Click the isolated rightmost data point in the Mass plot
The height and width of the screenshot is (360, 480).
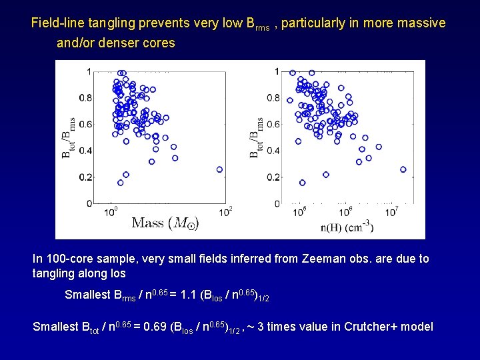tap(219, 169)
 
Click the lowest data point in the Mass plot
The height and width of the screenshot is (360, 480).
tap(121, 183)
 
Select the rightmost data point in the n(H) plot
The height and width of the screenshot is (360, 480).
tap(403, 169)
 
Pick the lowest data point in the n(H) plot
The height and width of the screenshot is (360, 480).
tap(303, 183)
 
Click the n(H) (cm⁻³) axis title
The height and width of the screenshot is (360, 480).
tap(347, 227)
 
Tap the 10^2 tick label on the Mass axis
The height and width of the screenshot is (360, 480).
tap(226, 211)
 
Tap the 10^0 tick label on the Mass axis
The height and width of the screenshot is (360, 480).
tap(113, 211)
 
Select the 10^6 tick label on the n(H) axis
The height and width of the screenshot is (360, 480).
tap(346, 211)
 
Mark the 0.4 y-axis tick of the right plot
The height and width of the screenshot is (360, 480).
tap(273, 151)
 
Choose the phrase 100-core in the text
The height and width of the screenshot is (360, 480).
tap(67, 259)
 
